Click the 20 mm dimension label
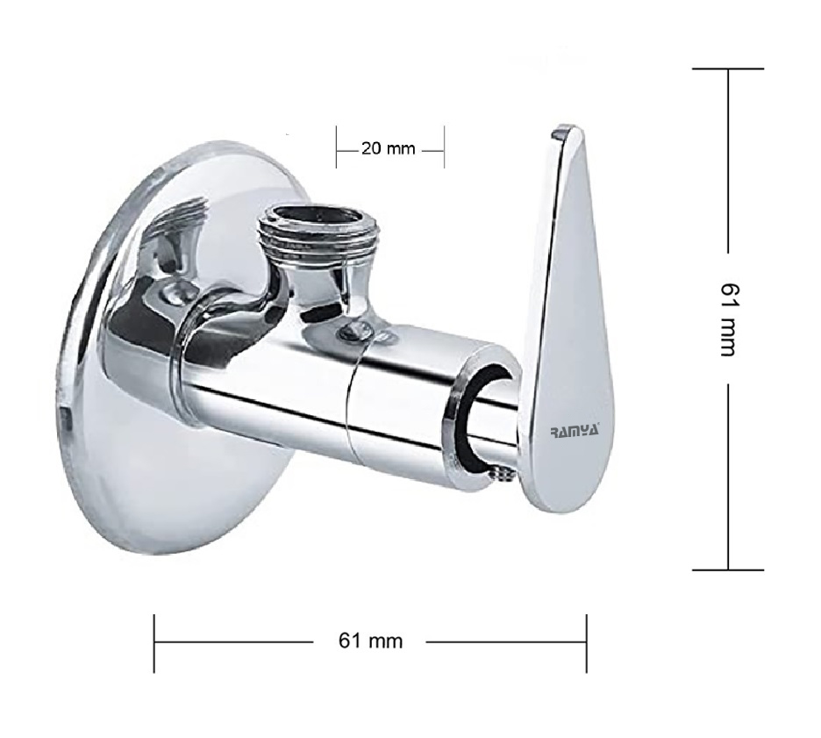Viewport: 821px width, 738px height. [x=388, y=149]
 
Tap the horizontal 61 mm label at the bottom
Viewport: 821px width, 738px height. [x=371, y=641]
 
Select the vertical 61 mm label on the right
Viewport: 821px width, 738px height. [x=728, y=319]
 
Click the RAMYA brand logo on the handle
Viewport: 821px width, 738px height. [x=575, y=431]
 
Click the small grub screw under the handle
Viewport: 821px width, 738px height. [x=503, y=474]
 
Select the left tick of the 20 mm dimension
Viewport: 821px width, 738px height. [x=336, y=147]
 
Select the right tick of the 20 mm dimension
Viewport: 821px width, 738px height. [x=444, y=147]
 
